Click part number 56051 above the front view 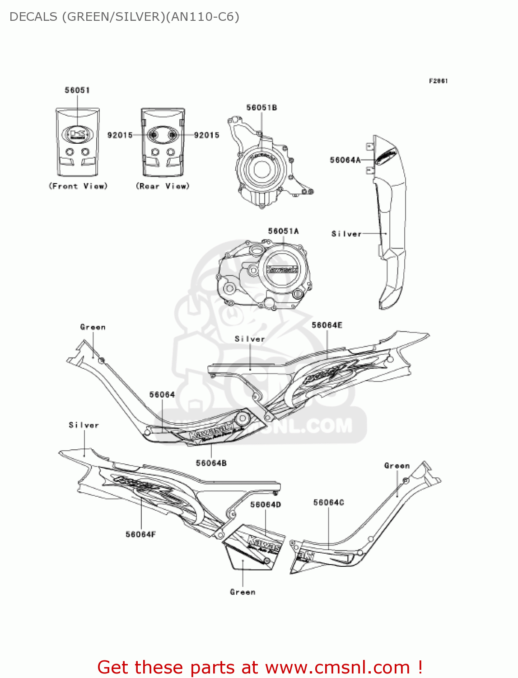coord(77,90)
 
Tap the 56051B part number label coord(261,108)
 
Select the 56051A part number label coord(283,231)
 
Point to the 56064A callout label coord(345,160)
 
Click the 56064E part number coord(327,325)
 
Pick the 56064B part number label coord(211,463)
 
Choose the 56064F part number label coord(140,534)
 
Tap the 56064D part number coord(266,504)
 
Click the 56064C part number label coord(329,503)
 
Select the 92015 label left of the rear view coord(120,135)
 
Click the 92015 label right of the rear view coord(206,135)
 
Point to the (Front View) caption coord(78,186)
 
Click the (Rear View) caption coord(163,186)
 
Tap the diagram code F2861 coord(438,81)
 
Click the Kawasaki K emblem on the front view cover coord(77,134)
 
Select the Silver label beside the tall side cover coord(346,234)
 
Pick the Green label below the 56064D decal coord(243,592)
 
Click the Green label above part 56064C coord(397,466)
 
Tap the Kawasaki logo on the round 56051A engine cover coord(283,269)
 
